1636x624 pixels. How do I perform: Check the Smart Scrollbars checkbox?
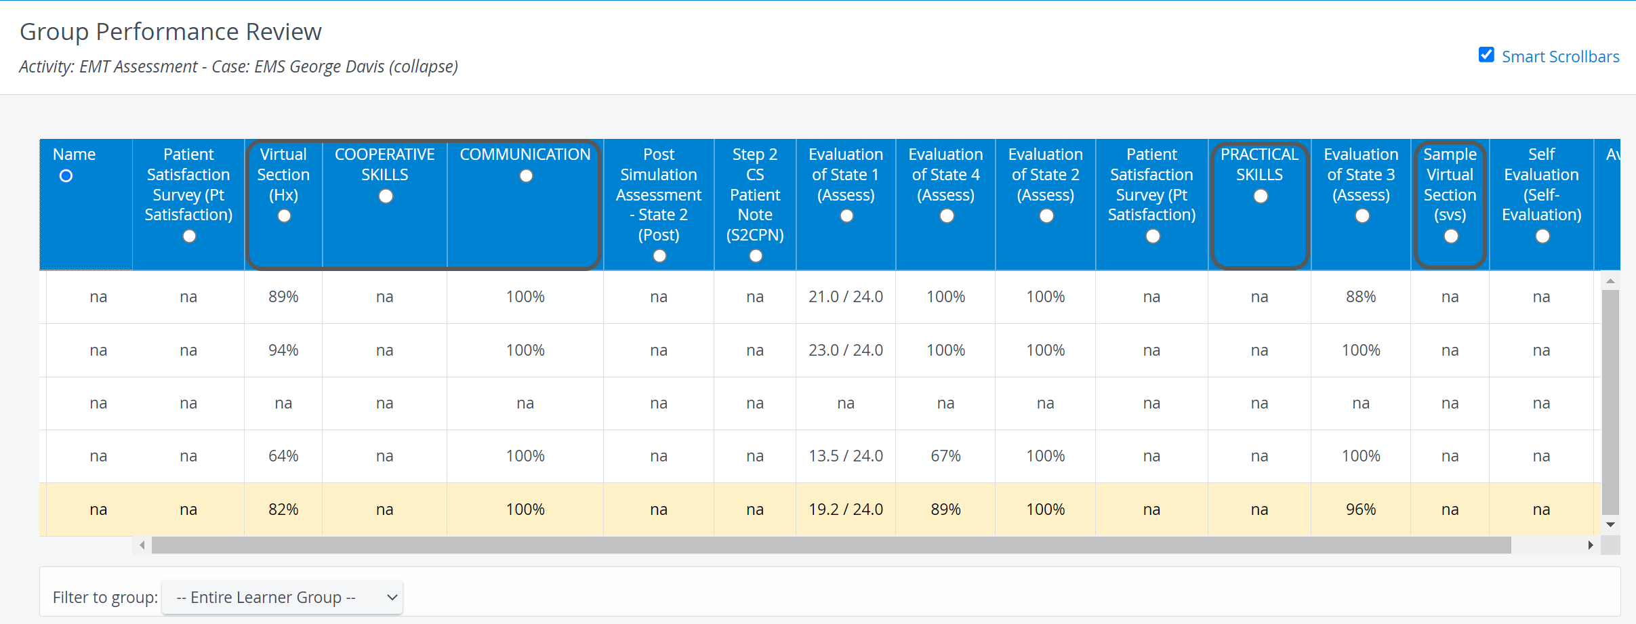tap(1486, 55)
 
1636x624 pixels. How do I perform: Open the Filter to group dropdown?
tap(282, 598)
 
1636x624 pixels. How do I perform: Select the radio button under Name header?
tap(66, 176)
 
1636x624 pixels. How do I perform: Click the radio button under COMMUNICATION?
tap(526, 176)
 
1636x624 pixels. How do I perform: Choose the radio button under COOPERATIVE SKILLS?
tap(386, 196)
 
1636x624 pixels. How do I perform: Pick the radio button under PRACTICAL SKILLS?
tap(1261, 196)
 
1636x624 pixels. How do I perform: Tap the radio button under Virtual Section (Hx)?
tap(284, 216)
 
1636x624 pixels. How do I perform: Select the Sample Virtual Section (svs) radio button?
tap(1451, 236)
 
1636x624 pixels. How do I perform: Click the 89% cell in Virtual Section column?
tap(283, 297)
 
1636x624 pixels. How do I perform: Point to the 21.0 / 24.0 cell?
tap(846, 297)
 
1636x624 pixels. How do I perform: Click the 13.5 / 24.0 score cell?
tap(846, 456)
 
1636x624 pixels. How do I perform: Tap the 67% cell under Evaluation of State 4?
tap(945, 456)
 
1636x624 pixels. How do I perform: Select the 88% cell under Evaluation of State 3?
tap(1361, 297)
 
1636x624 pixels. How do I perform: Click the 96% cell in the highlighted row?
tap(1361, 509)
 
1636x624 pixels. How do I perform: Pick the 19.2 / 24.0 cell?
tap(846, 509)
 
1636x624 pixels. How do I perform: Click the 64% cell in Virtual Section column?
tap(283, 456)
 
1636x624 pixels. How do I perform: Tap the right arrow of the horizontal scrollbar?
tap(1591, 545)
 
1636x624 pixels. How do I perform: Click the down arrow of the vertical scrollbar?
tap(1611, 524)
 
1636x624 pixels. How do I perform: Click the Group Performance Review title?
tap(171, 32)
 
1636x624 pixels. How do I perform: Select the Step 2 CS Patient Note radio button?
tap(756, 256)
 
